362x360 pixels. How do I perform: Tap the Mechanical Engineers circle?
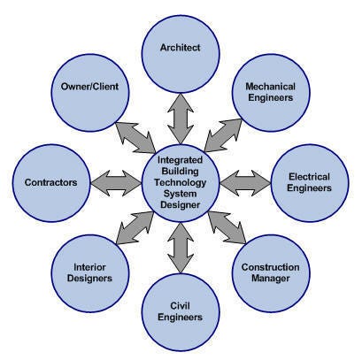coord(275,91)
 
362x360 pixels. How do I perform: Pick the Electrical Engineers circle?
coord(310,183)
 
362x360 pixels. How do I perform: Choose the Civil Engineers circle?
coord(181,310)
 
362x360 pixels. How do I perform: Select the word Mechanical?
coord(275,86)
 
